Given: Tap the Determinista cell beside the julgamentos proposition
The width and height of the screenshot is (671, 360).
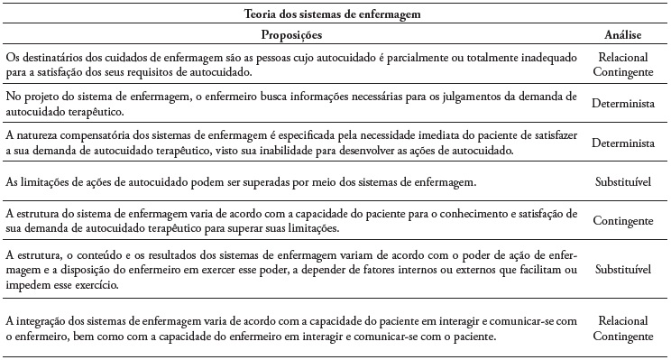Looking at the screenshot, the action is click(622, 104).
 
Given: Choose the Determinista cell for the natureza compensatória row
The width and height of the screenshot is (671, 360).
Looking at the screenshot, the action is click(622, 143).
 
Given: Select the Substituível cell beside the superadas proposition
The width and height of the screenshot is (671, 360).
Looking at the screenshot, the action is click(622, 181).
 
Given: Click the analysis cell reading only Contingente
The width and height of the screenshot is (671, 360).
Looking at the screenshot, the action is click(622, 219).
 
